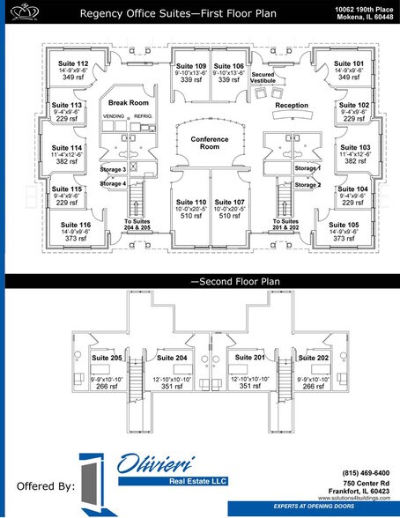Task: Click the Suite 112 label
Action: point(74,64)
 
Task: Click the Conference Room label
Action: point(210,144)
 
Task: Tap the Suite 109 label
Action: point(191,66)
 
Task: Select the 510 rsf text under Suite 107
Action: point(230,215)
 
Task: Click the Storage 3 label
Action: point(113,168)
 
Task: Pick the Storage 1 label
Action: point(307,168)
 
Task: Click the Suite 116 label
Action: point(75,226)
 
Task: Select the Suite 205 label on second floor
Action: point(107,358)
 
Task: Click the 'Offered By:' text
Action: point(44,485)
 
